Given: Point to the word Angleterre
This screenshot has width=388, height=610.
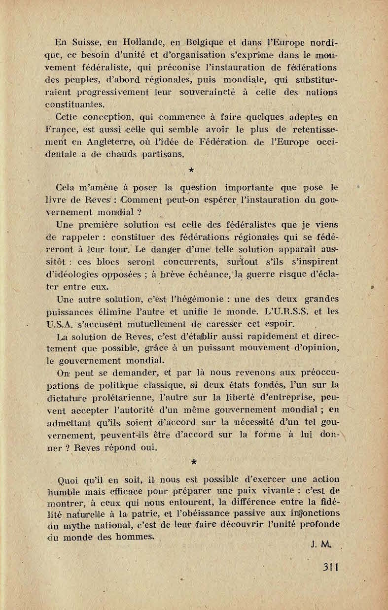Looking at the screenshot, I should tap(116, 142).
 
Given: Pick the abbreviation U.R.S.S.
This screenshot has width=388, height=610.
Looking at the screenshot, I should tap(286, 311).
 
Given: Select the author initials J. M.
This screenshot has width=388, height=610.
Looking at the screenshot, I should tap(320, 544).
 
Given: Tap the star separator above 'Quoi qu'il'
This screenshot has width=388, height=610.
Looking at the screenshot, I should tap(193, 461).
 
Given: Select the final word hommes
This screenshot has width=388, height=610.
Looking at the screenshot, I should tap(135, 538).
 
